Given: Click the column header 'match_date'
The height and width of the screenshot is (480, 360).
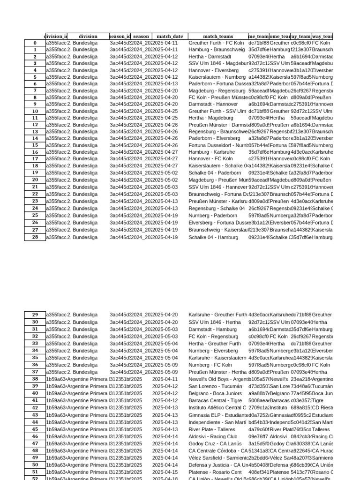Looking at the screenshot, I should click(x=170, y=36).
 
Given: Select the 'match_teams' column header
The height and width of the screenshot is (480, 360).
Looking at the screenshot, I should click(x=218, y=36).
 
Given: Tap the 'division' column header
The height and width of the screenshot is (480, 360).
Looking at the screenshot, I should click(x=88, y=36).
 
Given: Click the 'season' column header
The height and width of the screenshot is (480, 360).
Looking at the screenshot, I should click(x=141, y=36).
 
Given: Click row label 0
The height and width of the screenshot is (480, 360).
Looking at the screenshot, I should click(x=35, y=43).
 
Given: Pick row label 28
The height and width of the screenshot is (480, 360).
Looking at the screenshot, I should click(x=35, y=237).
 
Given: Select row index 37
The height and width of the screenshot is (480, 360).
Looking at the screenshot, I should click(x=35, y=372).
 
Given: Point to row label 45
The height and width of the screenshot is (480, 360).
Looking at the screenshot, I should click(x=35, y=429).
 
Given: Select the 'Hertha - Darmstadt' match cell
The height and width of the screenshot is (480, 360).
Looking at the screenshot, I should click(x=210, y=56).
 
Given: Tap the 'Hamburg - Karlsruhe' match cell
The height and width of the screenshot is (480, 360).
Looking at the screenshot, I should click(x=212, y=152).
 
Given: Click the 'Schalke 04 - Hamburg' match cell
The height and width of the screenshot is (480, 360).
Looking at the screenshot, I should click(x=212, y=237).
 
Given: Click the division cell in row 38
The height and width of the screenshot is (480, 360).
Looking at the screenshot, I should click(x=88, y=379).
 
